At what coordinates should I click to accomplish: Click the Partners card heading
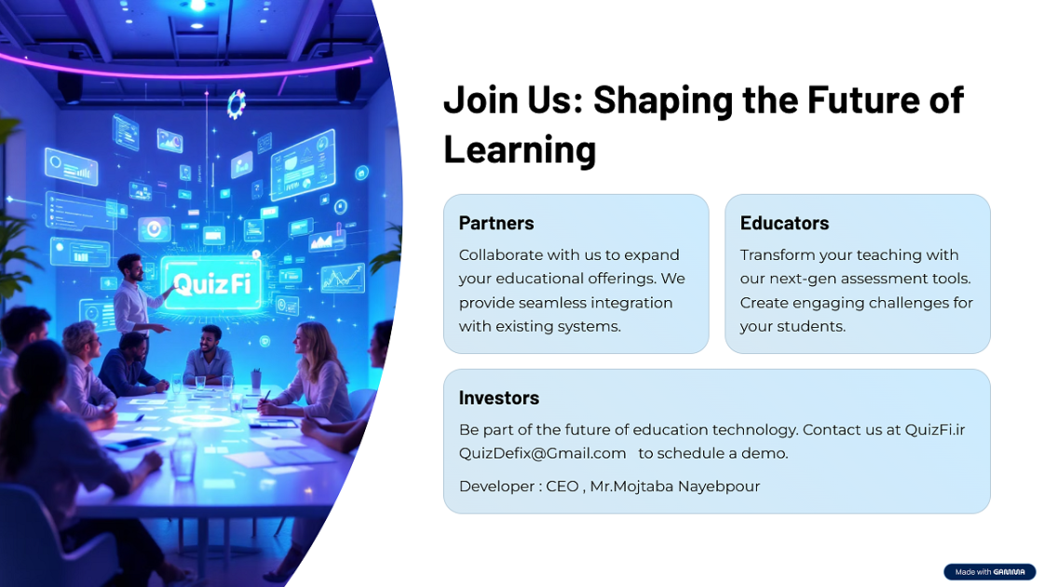point(496,223)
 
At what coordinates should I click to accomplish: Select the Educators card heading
point(784,223)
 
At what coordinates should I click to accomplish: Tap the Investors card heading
point(499,398)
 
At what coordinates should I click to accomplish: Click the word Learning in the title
point(520,149)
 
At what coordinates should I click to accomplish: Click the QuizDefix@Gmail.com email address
point(542,453)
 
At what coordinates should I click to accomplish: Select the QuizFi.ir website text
point(935,430)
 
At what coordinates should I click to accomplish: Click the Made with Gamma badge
point(990,572)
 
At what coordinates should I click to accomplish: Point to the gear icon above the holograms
point(237,104)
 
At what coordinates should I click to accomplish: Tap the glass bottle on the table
point(183,456)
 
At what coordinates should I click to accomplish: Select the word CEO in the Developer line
point(562,486)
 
